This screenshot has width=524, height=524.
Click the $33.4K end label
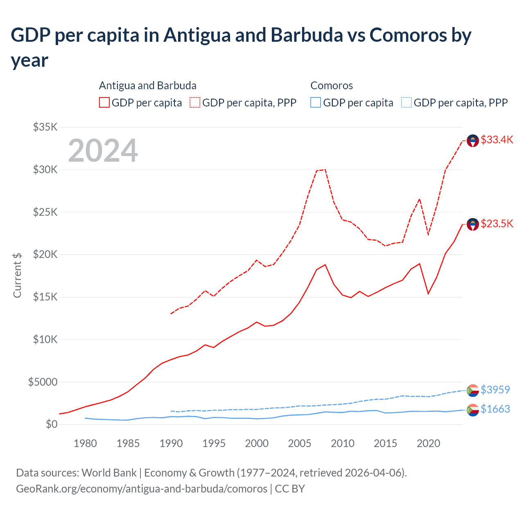click(497, 140)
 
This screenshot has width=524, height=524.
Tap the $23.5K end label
click(497, 224)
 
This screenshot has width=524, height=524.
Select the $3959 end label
click(495, 389)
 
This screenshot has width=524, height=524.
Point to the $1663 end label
click(495, 409)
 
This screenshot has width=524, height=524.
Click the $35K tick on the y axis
click(45, 127)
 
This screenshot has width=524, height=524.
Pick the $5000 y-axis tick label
click(43, 382)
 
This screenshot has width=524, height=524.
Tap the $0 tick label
click(51, 424)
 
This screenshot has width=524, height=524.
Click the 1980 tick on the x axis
click(85, 443)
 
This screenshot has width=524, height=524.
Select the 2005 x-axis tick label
click(300, 443)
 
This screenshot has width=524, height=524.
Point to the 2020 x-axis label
click(428, 443)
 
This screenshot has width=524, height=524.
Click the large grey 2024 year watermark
click(103, 151)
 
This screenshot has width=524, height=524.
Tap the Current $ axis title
click(17, 275)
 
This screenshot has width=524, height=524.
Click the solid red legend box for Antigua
click(104, 102)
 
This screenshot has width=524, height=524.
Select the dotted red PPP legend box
click(195, 102)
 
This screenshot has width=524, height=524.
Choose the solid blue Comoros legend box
click(316, 102)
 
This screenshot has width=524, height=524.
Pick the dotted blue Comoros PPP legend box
click(407, 102)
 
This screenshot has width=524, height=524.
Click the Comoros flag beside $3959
click(473, 391)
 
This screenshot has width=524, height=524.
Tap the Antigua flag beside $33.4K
click(473, 141)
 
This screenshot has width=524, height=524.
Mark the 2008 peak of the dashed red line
click(325, 169)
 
